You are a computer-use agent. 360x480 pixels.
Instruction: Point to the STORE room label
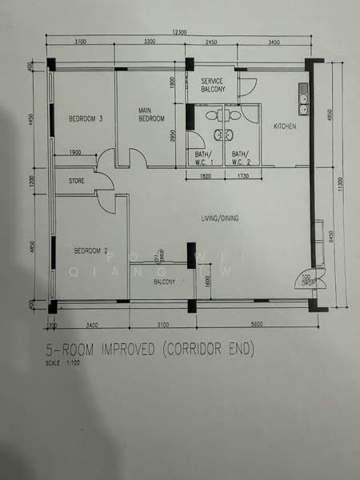click(x=76, y=181)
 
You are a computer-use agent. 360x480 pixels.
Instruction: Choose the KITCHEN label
click(x=285, y=127)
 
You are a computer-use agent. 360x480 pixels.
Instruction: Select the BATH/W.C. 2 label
click(x=241, y=157)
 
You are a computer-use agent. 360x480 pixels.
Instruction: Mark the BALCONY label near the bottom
click(x=164, y=282)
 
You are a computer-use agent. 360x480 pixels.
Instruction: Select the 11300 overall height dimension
click(x=340, y=185)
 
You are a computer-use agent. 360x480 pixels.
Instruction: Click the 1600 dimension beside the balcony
click(x=206, y=281)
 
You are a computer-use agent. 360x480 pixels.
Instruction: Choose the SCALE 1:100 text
click(x=64, y=366)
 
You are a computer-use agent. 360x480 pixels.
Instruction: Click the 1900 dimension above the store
click(x=75, y=152)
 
